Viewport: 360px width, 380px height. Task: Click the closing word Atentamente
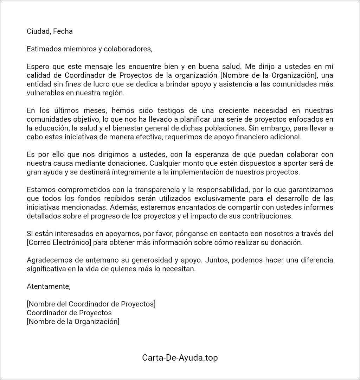coord(49,286)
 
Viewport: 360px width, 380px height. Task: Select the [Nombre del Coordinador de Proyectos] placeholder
coord(91,304)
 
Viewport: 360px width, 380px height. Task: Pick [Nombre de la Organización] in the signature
coord(73,322)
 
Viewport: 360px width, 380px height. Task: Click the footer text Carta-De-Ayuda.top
coord(180,358)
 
